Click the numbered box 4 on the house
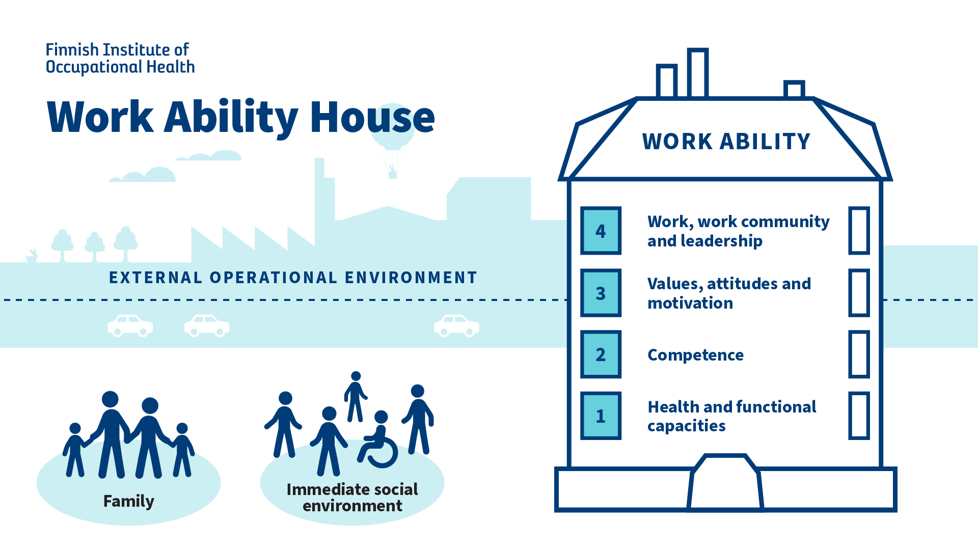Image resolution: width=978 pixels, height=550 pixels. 601,231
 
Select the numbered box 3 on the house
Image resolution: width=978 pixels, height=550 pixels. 601,293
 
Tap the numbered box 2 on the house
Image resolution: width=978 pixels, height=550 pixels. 601,354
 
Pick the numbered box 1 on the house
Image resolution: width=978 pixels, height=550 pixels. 601,416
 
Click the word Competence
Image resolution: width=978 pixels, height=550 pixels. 695,355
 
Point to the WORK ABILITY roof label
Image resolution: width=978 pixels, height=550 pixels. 726,142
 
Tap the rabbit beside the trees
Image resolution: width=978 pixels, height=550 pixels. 33,256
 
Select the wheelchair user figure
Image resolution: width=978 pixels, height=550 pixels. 378,441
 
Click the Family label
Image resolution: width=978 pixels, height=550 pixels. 128,501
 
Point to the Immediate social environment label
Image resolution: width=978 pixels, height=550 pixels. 352,498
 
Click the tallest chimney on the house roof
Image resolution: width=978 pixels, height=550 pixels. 697,73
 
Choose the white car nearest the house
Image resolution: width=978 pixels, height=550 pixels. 456,326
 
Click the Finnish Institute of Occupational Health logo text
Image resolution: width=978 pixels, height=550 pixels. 120,58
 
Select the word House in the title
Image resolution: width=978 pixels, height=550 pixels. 372,117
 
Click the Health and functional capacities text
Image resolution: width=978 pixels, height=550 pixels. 731,416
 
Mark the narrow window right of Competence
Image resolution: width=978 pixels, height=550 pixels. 859,354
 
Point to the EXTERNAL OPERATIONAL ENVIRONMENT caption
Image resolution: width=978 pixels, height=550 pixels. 293,278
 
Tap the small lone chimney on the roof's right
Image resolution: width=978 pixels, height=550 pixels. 794,89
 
